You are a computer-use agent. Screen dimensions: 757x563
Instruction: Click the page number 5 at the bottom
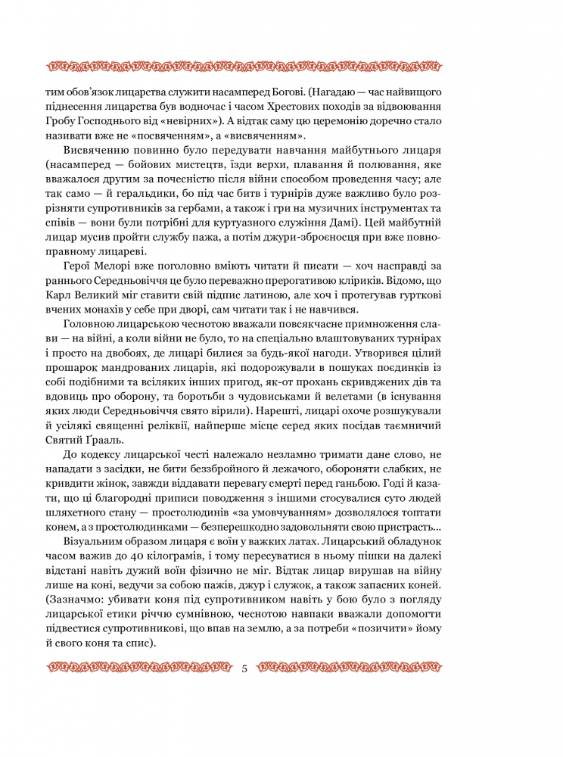[244, 668]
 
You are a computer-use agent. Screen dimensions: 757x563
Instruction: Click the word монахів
[111, 308]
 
